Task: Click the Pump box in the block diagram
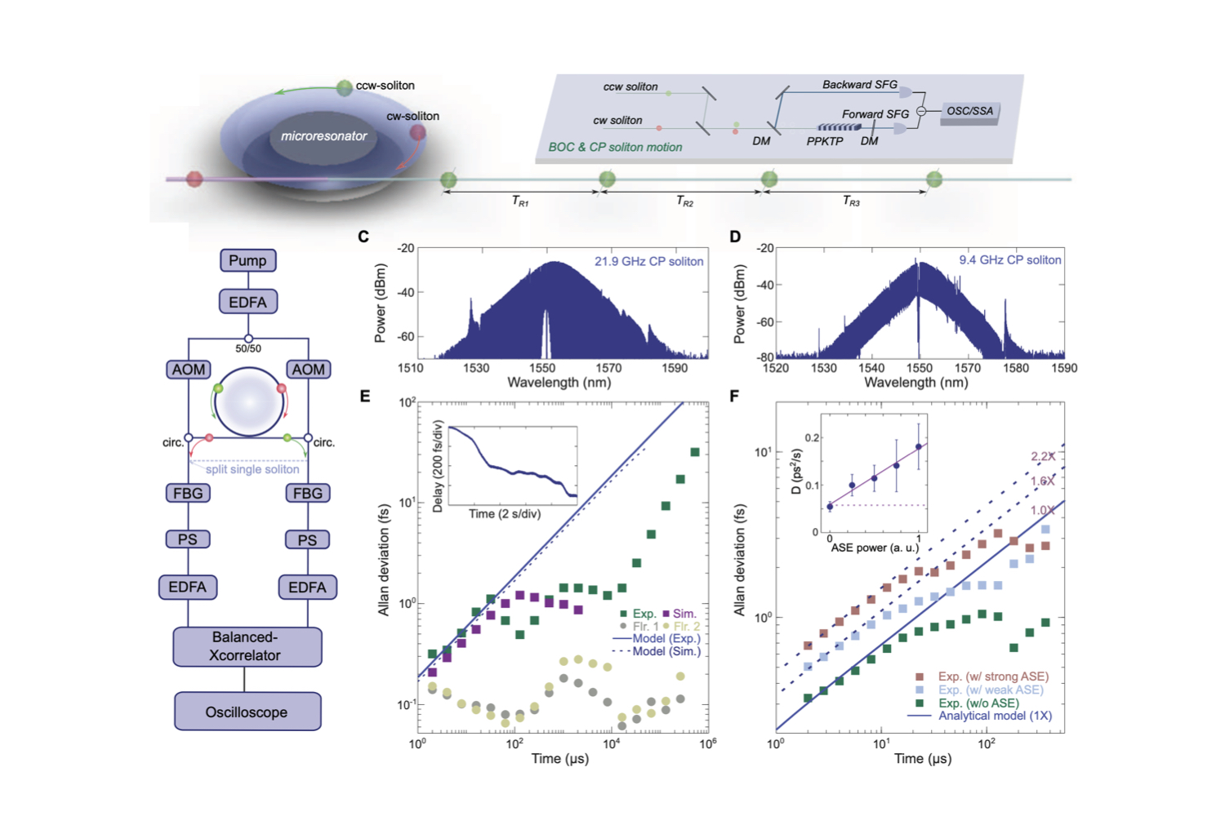point(247,260)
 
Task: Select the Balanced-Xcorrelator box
point(247,646)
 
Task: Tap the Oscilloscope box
point(247,712)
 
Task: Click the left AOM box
point(188,370)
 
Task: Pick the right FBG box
point(307,493)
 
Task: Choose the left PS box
point(188,539)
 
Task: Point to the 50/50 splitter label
point(248,349)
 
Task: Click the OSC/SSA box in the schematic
point(970,111)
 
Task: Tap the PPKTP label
point(825,141)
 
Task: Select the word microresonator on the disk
point(323,136)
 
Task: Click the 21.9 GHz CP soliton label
point(648,262)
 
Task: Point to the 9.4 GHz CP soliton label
point(1009,260)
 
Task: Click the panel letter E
point(365,397)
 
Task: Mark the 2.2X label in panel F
point(1043,456)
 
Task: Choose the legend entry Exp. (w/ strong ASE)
point(992,676)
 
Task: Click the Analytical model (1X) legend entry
point(994,716)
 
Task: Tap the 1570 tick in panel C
point(608,368)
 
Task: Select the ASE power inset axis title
point(874,548)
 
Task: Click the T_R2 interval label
point(684,201)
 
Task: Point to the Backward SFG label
point(859,85)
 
